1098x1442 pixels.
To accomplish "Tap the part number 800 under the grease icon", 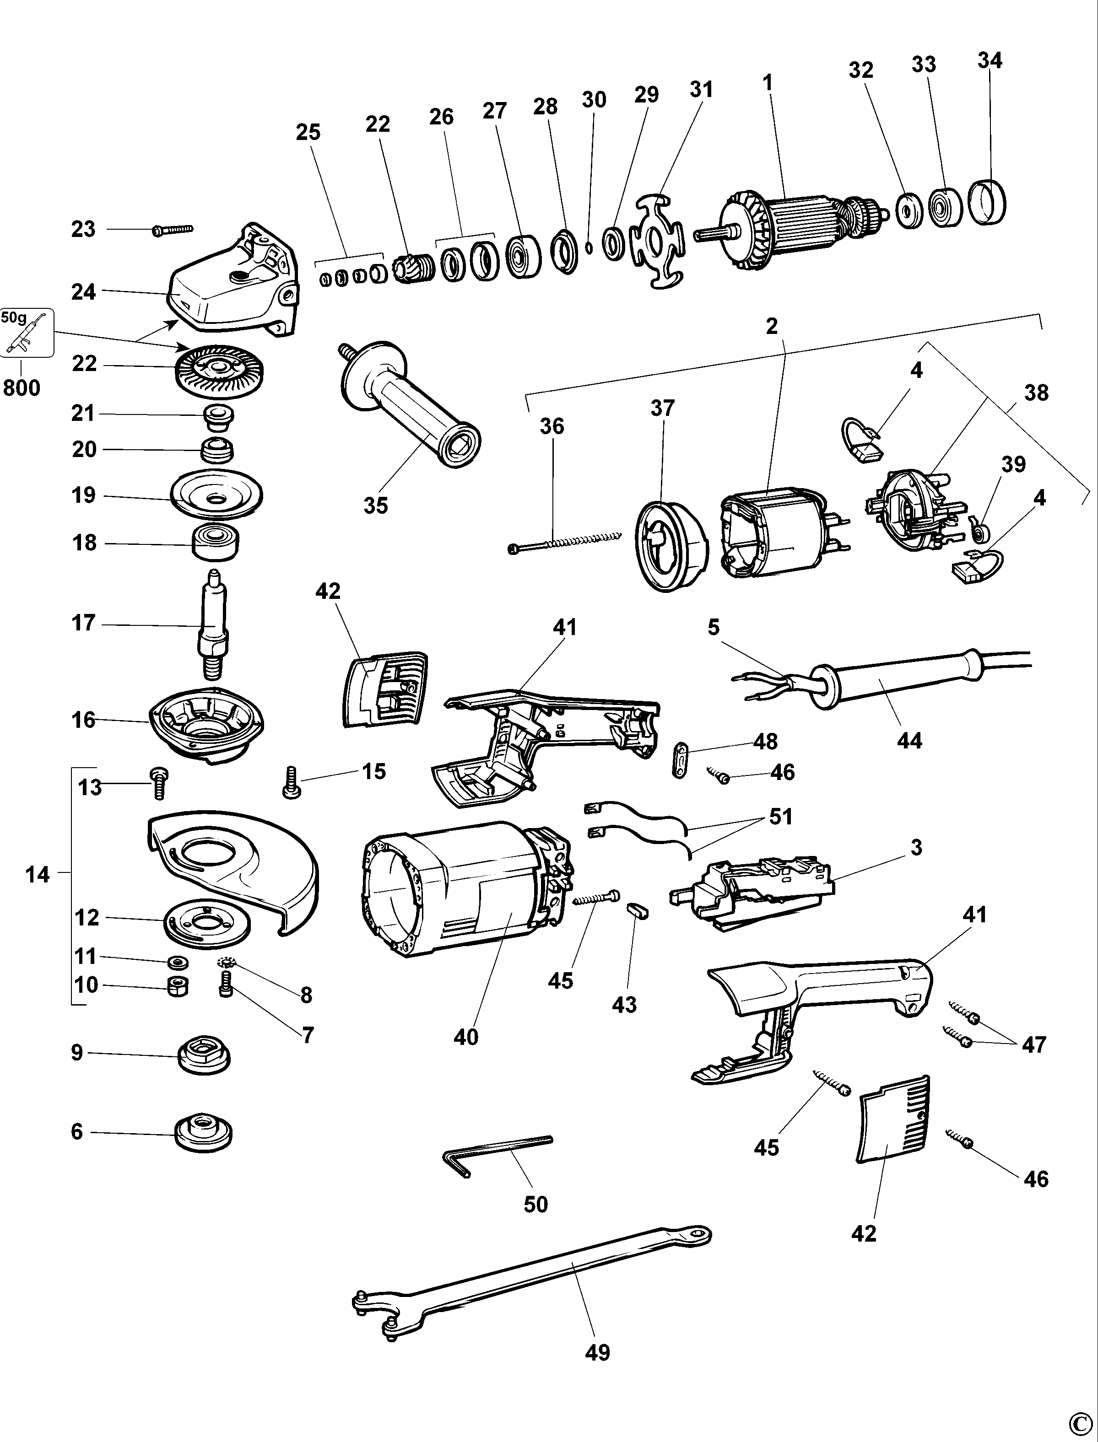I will [22, 387].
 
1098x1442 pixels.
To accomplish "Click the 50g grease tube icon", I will [27, 334].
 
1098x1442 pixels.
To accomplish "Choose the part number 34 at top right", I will [990, 60].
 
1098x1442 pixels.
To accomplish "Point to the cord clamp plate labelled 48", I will [680, 759].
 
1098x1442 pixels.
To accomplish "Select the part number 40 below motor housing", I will [466, 1036].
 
